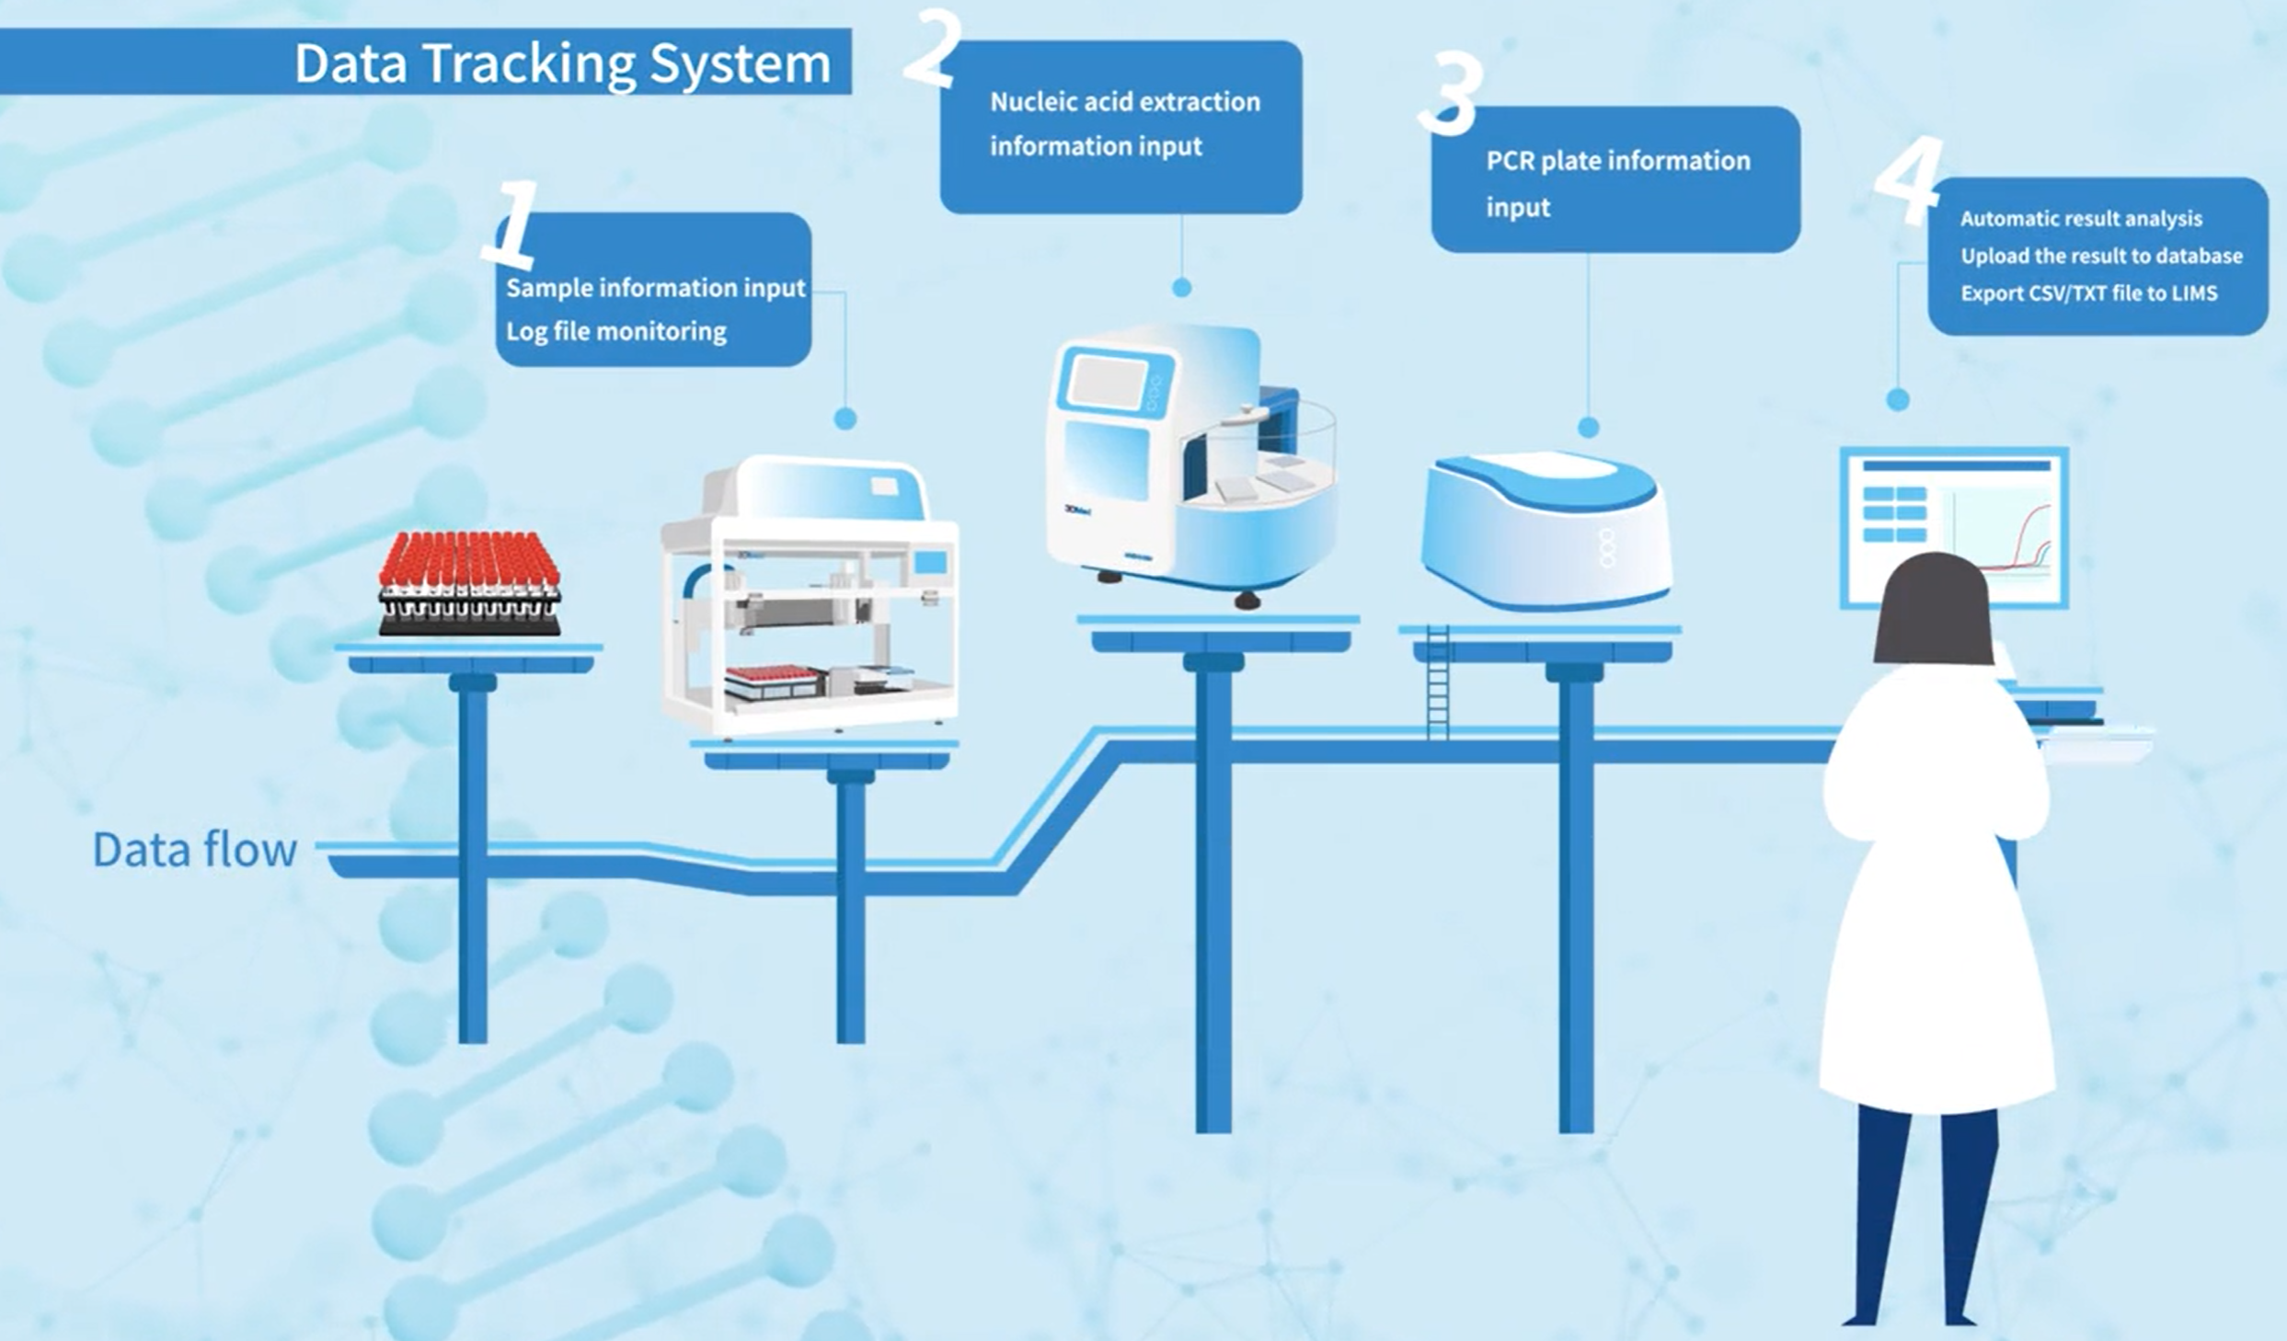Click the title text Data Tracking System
562,63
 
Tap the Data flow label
195,850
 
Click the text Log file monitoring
616,331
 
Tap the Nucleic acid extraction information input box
1121,127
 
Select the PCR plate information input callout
1615,179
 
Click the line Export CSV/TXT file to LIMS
2089,293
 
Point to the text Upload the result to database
2101,256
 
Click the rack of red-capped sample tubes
470,583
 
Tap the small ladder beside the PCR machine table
1438,682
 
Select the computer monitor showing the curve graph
1954,527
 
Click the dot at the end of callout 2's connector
1182,288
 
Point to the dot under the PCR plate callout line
1589,428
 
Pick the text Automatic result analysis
2081,219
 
